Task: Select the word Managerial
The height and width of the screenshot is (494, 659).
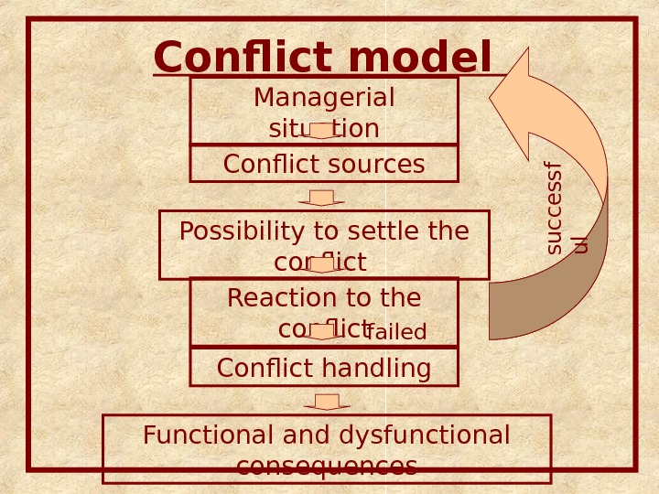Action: point(324,97)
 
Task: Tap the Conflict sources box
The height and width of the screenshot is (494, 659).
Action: point(324,164)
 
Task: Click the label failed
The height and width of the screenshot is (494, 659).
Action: point(397,332)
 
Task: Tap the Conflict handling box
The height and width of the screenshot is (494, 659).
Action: point(324,368)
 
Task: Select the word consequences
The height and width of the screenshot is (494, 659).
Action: point(326,467)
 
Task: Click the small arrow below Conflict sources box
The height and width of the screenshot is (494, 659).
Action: point(321,198)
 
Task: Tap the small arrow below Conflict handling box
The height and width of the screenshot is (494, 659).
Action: point(327,403)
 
